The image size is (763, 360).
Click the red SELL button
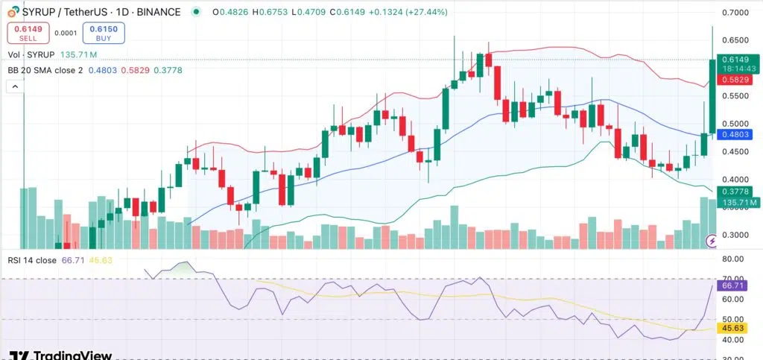click(x=28, y=32)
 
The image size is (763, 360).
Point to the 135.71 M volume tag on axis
click(x=740, y=202)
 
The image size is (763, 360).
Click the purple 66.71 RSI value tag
click(x=738, y=285)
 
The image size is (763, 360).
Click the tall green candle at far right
click(x=712, y=96)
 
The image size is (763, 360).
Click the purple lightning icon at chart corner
click(x=713, y=241)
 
